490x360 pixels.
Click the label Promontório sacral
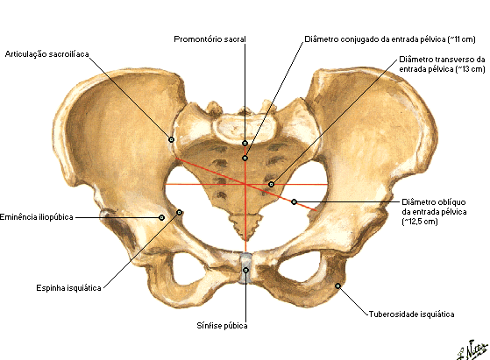click(x=209, y=39)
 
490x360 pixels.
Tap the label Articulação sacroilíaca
click(x=46, y=54)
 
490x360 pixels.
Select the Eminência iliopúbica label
click(x=37, y=217)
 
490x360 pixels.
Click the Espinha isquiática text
click(x=68, y=288)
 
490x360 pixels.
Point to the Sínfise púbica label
click(x=222, y=326)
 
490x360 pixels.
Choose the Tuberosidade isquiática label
click(x=412, y=314)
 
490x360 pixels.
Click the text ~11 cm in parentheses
click(x=462, y=39)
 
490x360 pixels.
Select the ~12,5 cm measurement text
click(x=420, y=222)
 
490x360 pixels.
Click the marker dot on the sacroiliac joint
click(x=171, y=139)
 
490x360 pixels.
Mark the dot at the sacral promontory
click(x=245, y=143)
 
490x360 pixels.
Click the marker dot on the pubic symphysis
click(x=246, y=270)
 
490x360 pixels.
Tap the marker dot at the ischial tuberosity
click(x=337, y=286)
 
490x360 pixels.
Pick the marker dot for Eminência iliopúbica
click(x=161, y=217)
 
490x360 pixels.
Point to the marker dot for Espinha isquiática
click(x=179, y=212)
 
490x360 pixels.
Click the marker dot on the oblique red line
click(x=294, y=202)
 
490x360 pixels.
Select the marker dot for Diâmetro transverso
click(x=271, y=185)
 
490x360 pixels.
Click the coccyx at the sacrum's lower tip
click(x=245, y=225)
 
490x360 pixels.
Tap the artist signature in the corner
click(x=472, y=350)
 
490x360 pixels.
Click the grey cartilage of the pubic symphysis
click(x=245, y=269)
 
